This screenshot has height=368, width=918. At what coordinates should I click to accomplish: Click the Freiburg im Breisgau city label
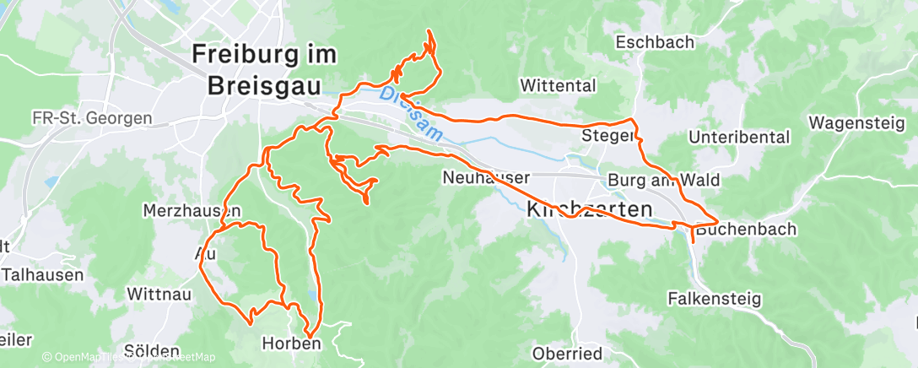point(264,69)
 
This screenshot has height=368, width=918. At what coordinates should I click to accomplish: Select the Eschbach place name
point(654,42)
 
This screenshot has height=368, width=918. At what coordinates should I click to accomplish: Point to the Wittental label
point(558,85)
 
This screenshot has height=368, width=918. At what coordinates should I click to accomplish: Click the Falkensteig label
point(714,299)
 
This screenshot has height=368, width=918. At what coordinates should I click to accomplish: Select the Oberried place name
point(566,353)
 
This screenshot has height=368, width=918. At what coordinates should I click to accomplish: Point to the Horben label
point(291,344)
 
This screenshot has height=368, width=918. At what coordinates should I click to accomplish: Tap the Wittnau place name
point(159,295)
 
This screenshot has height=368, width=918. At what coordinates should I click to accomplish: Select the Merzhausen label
point(192,210)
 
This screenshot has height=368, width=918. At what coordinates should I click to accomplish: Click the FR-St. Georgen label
point(92,117)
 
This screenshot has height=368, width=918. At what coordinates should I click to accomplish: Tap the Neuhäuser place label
point(486,177)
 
